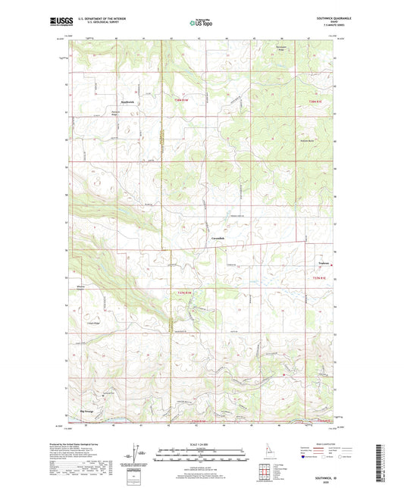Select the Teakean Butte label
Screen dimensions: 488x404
coord(305,141)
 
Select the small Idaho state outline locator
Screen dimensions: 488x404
coord(263,453)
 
